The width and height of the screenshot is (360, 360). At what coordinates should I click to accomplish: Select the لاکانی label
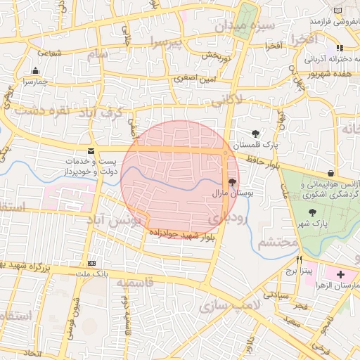pos(225,100)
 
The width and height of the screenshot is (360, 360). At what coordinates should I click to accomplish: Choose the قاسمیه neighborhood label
pos(135,283)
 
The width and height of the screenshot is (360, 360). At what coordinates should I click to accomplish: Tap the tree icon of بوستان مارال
pos(233,181)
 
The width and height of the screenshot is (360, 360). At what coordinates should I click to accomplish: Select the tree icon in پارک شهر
pos(312,212)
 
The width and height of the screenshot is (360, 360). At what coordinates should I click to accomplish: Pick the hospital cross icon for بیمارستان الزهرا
pos(341,274)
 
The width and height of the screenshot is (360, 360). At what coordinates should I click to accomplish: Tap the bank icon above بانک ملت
pos(91,263)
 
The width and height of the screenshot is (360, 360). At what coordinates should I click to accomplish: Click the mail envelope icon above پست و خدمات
pos(91,151)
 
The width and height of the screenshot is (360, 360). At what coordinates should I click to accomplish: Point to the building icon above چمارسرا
pos(35,70)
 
